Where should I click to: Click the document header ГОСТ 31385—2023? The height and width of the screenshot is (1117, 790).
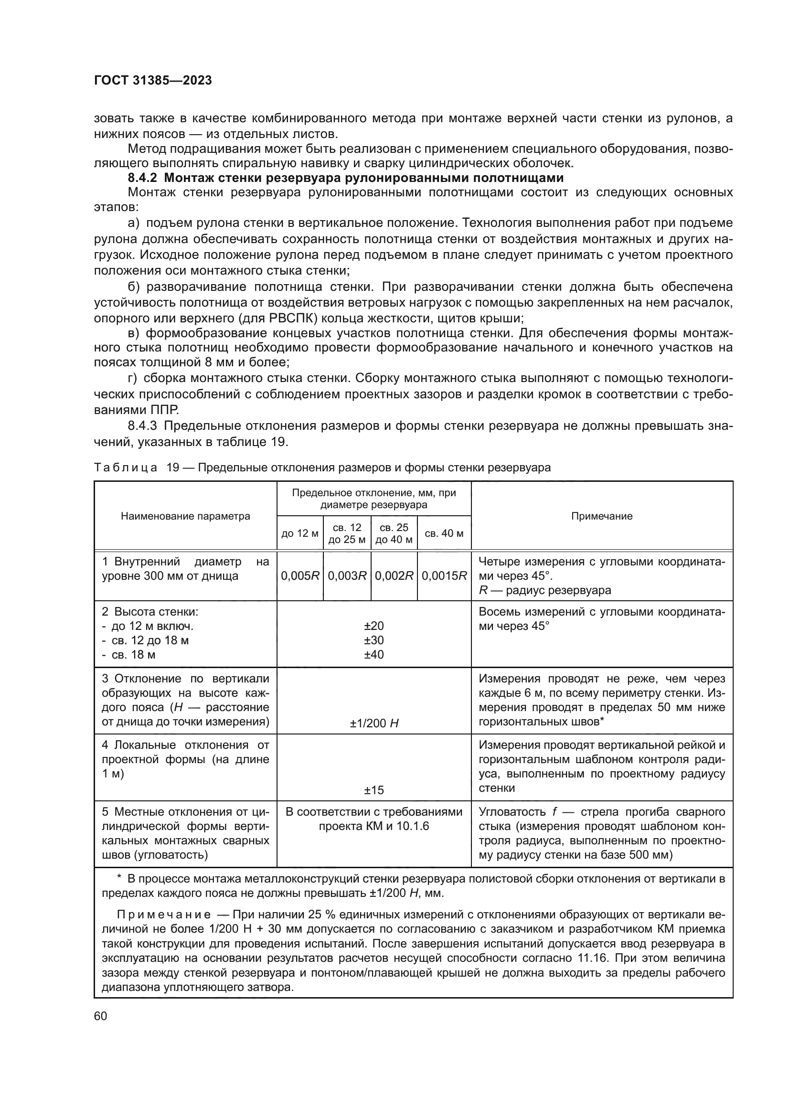tap(153, 81)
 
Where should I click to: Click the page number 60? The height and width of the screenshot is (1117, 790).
tap(101, 1016)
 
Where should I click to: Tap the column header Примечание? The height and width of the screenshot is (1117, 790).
tap(601, 516)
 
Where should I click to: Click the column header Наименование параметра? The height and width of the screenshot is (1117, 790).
tap(185, 516)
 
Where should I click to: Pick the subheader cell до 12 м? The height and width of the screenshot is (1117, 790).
tap(299, 533)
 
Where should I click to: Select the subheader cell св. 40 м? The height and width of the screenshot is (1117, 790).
tap(444, 533)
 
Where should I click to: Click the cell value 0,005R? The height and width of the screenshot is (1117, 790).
tap(299, 576)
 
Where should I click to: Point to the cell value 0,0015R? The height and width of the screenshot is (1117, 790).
tap(444, 576)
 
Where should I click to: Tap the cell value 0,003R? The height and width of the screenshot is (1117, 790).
tap(347, 576)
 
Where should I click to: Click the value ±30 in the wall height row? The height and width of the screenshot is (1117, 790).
tap(374, 640)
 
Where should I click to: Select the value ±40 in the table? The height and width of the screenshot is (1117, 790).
tap(374, 654)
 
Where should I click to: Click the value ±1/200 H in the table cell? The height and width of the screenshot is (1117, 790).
tap(374, 723)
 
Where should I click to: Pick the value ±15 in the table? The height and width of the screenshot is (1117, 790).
tap(374, 790)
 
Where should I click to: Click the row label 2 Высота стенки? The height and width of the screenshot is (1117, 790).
tap(150, 612)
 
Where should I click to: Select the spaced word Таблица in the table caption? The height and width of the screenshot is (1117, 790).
tap(126, 468)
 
